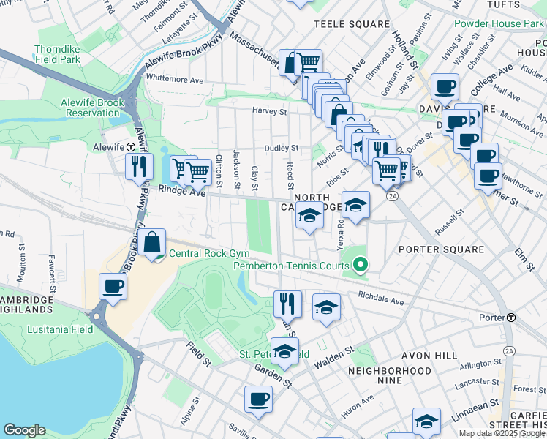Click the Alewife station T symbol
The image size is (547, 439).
click(x=130, y=146)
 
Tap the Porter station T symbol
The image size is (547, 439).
click(x=512, y=318)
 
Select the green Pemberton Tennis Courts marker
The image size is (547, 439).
click(x=360, y=266)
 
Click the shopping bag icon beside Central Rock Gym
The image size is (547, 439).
click(x=153, y=244)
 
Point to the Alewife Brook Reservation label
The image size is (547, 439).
click(x=95, y=108)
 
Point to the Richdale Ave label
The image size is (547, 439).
click(x=381, y=300)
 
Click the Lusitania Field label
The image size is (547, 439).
click(x=60, y=329)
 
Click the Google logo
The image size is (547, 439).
click(x=24, y=430)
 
